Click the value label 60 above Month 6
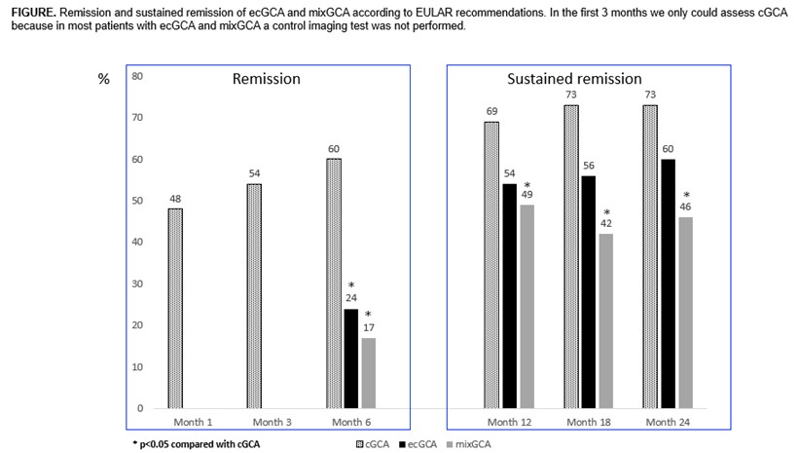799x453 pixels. [334, 149]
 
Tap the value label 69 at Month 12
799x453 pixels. [491, 112]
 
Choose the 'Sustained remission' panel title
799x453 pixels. [575, 79]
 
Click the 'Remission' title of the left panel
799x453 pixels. [266, 79]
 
